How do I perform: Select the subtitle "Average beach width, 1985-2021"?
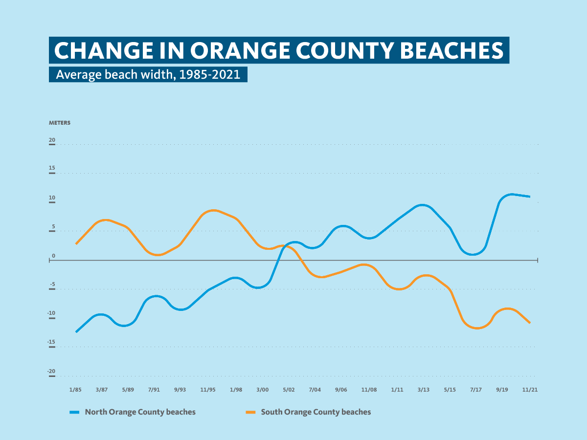(x=148, y=75)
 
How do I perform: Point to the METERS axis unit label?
(x=60, y=123)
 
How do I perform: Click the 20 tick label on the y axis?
(x=52, y=140)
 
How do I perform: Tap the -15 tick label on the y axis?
(x=51, y=343)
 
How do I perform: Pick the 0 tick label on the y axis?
(x=54, y=256)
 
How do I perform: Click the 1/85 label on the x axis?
(x=75, y=390)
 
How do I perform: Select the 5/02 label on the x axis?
(x=289, y=390)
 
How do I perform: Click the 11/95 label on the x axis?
(x=208, y=390)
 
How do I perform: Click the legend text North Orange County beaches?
(x=140, y=412)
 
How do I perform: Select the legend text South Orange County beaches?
(x=316, y=412)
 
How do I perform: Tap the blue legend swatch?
(x=74, y=412)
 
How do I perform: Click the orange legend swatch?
(x=250, y=412)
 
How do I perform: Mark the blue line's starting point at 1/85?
(x=76, y=332)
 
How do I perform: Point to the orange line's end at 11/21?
(x=530, y=323)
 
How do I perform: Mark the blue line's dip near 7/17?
(x=473, y=254)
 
